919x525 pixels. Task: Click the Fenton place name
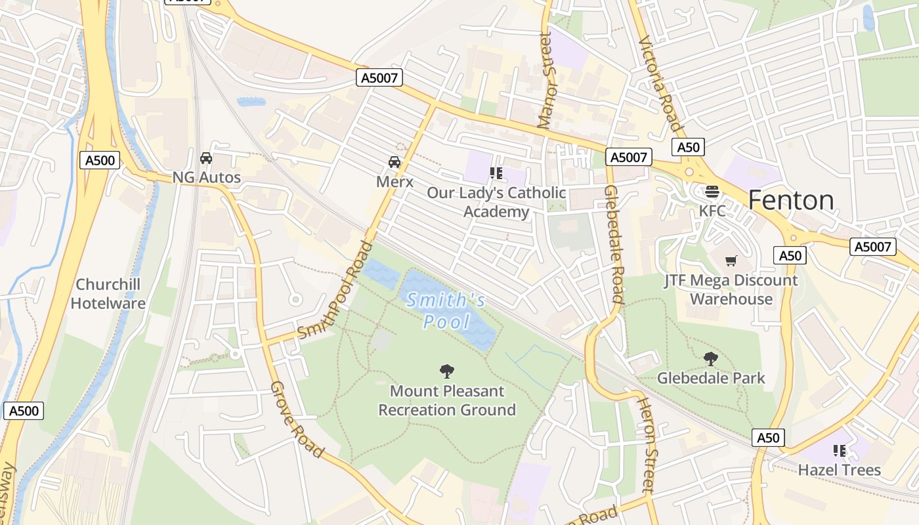791,200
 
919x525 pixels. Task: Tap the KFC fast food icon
712,192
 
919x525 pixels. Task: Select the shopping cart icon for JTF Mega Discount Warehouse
731,261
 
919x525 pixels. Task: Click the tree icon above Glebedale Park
710,359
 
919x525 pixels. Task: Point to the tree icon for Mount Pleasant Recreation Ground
447,371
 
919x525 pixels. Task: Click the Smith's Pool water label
446,311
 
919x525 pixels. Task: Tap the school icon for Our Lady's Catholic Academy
496,173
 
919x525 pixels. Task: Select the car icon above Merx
395,162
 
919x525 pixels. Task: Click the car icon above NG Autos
206,158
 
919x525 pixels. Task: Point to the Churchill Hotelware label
108,294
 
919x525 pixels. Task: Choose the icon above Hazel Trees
839,450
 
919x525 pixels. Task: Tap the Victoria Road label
660,83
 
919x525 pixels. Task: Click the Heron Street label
647,445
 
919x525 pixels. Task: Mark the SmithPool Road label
335,291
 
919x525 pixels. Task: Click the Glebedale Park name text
711,378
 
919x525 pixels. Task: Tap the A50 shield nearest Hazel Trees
767,438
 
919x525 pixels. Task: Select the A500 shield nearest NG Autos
100,160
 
